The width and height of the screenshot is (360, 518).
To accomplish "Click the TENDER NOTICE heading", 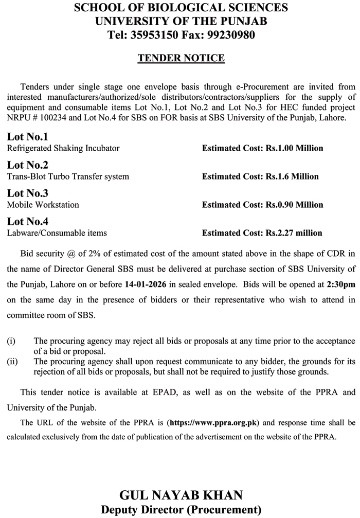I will pos(181,58).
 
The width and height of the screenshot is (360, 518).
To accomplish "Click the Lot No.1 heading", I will pos(27,137).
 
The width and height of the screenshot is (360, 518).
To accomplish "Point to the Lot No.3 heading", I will pos(27,193).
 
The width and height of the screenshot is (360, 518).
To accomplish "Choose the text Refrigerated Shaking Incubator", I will pos(63,148).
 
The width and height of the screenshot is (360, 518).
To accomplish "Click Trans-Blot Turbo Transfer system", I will pos(68,176).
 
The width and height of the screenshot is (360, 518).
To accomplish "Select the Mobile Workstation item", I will pos(43,205).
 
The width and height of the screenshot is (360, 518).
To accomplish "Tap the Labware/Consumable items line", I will pos(57,233).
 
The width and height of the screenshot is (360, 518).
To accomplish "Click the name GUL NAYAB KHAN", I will pos(181,496).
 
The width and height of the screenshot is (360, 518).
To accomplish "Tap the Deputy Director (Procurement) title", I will pos(181,510).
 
